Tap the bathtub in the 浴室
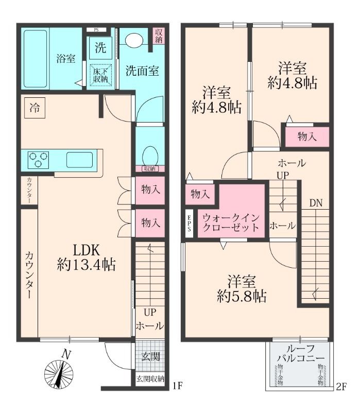click(x=35, y=57)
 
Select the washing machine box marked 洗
click(x=100, y=48)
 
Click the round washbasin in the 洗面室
click(x=135, y=41)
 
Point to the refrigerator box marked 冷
click(x=35, y=108)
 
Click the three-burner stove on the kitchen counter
click(x=38, y=159)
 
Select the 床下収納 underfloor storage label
click(x=100, y=75)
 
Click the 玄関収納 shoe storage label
click(x=150, y=380)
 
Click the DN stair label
click(x=316, y=203)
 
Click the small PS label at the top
click(x=96, y=29)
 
